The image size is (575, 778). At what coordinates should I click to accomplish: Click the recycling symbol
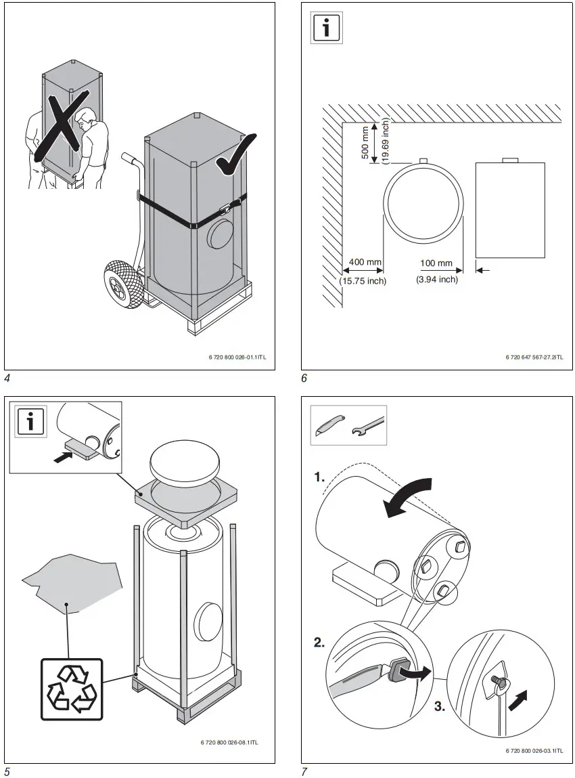pos(74,689)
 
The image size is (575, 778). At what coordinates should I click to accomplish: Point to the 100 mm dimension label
pos(436,263)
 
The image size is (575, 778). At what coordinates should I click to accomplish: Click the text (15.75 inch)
pos(363,281)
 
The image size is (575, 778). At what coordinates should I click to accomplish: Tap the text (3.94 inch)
pos(436,280)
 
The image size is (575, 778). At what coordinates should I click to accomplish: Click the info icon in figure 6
pos(327,28)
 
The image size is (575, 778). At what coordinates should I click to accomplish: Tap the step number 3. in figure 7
pos(439,707)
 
